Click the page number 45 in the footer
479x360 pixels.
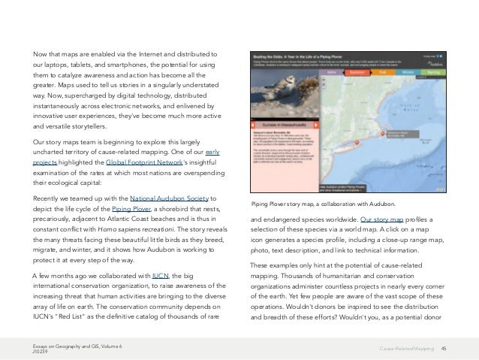[444, 348]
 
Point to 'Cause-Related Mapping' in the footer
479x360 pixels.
[405, 348]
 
